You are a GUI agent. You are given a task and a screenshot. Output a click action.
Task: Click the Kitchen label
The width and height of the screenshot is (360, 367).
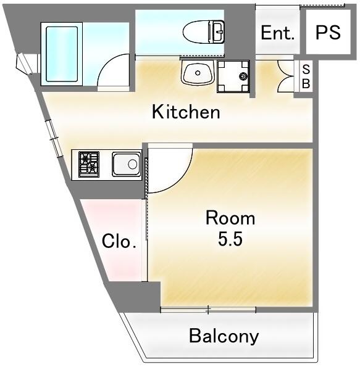186,112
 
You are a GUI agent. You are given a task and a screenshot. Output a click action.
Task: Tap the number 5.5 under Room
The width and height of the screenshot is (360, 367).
230,239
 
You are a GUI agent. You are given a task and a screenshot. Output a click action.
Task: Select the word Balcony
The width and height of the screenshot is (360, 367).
224,337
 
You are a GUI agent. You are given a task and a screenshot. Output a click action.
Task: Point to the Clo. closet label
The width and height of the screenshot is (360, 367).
119,241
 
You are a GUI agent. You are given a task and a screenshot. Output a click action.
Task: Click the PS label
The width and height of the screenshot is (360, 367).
328,32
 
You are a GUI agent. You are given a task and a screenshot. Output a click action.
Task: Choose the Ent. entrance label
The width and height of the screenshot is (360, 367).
277,33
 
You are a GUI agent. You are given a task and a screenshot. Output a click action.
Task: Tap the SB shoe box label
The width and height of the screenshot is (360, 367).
306,76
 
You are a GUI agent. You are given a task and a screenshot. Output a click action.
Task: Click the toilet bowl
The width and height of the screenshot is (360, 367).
196,32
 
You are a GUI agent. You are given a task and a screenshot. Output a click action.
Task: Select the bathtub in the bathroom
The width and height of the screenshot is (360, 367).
62,54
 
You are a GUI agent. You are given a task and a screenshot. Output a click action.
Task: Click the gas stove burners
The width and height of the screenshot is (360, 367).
89,164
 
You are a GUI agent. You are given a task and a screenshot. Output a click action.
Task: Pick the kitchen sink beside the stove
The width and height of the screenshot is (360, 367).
127,164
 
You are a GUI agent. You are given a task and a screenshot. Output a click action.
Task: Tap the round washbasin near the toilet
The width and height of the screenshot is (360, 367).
198,73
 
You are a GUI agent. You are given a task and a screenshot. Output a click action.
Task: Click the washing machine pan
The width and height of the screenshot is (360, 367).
233,76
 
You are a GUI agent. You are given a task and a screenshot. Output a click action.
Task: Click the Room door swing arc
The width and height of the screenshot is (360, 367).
180,181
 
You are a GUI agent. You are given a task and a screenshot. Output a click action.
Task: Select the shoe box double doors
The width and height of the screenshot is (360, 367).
285,76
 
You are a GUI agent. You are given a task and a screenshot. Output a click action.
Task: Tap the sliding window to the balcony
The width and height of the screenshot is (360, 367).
208,310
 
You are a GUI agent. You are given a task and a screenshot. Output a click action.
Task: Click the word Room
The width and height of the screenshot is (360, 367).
230,218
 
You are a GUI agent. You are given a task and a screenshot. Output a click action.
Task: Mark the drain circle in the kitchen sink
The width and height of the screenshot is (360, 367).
132,164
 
